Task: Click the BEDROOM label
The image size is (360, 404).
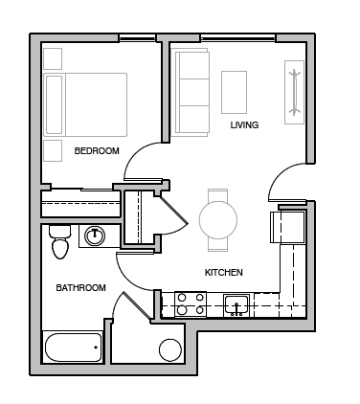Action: tap(97, 150)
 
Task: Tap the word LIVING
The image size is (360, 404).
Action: tap(244, 124)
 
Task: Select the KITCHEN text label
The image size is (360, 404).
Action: tap(224, 273)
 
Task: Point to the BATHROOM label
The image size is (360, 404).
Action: tap(79, 287)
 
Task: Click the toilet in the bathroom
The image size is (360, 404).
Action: tap(60, 241)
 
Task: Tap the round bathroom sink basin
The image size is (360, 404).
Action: tap(96, 235)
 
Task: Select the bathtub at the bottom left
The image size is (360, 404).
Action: tap(73, 347)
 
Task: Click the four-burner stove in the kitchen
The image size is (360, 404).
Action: tap(190, 304)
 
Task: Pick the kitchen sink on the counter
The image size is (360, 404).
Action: tap(236, 305)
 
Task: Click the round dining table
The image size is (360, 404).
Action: tap(218, 219)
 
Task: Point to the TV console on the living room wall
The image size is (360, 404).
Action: tap(293, 90)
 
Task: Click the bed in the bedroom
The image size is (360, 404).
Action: tap(86, 103)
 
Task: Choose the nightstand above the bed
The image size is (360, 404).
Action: tap(53, 56)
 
